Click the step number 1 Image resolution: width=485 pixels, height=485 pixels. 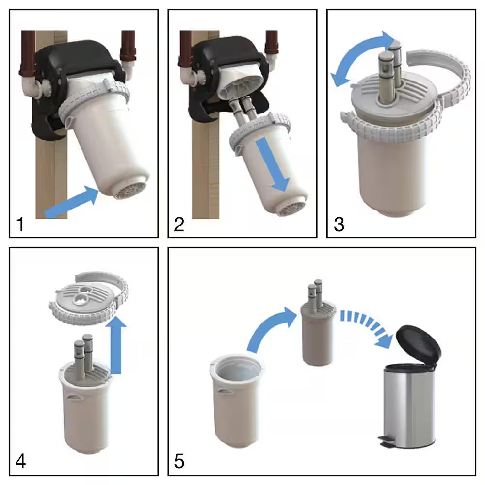(x=20, y=224)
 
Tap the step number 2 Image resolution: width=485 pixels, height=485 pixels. (x=179, y=224)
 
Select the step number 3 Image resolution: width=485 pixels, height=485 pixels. (x=339, y=224)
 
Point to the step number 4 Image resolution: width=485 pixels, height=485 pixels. (x=20, y=461)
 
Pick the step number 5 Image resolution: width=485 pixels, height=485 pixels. (x=179, y=461)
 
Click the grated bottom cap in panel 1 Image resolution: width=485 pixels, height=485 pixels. (x=131, y=189)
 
